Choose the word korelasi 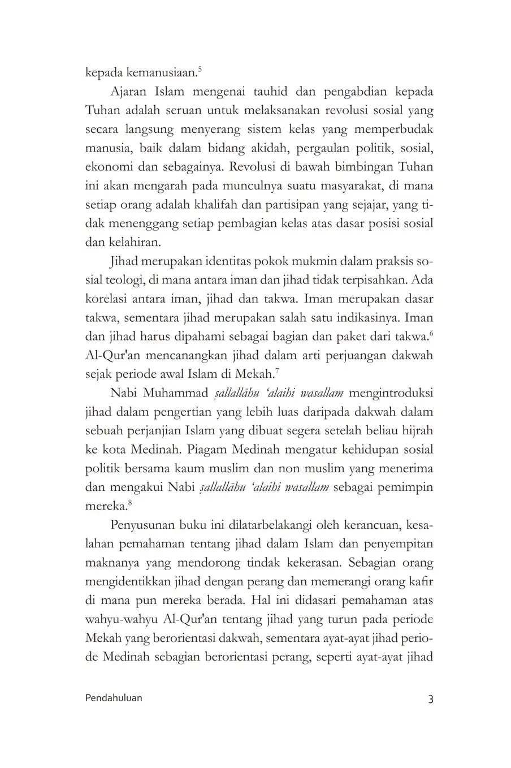[x=106, y=299]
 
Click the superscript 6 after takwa [x=431, y=334]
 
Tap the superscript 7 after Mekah [x=277, y=370]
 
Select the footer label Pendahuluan [x=114, y=698]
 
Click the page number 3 [x=430, y=698]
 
